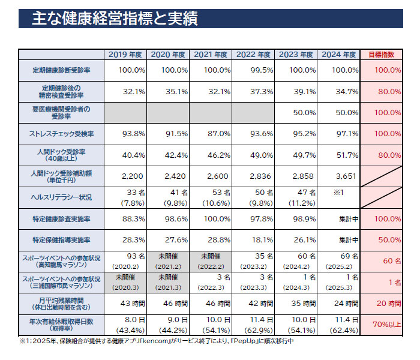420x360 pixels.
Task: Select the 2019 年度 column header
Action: point(125,54)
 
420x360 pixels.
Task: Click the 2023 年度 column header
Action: point(296,54)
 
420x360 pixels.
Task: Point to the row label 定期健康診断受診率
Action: point(61,70)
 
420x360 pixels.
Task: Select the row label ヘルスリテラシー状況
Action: point(61,196)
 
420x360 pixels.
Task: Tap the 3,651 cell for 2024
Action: point(338,176)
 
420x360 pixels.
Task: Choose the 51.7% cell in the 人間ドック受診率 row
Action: point(338,155)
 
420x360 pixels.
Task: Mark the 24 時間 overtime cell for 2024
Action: point(338,304)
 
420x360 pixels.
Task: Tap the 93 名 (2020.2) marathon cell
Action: point(125,260)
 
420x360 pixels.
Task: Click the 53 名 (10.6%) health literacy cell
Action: point(211,196)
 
